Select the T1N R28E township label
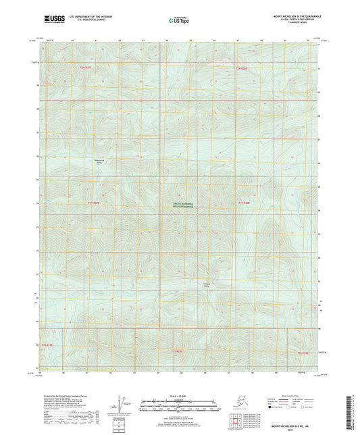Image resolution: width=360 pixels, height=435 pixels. click(243, 202)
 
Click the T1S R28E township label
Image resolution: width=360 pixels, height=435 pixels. click(177, 352)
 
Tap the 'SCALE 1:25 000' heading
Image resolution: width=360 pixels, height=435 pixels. click(179, 396)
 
